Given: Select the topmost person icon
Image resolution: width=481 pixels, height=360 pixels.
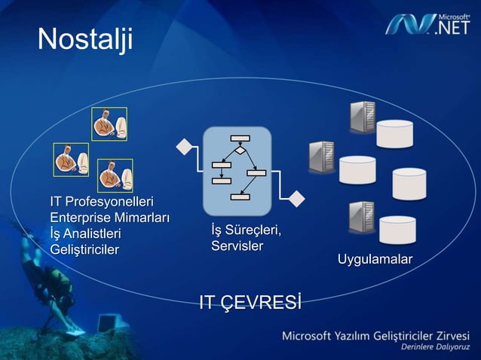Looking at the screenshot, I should pyautogui.click(x=109, y=124).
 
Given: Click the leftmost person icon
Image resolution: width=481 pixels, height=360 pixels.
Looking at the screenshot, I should pyautogui.click(x=71, y=160).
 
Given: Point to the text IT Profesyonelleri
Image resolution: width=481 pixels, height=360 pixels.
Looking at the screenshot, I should pyautogui.click(x=102, y=203).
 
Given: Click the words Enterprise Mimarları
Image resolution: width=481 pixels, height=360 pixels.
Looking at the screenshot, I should pyautogui.click(x=109, y=218).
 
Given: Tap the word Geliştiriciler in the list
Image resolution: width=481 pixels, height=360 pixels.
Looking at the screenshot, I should pyautogui.click(x=84, y=249).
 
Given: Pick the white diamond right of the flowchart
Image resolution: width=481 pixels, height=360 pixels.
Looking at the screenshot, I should pyautogui.click(x=297, y=199).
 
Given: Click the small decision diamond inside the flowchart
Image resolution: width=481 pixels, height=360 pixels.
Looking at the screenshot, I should pyautogui.click(x=240, y=151).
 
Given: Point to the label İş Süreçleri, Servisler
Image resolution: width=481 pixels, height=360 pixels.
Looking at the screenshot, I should pyautogui.click(x=237, y=237).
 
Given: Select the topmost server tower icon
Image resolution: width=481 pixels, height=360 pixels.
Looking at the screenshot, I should pyautogui.click(x=363, y=117).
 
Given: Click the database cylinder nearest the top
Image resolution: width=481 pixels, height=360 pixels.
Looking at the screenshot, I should pyautogui.click(x=395, y=133).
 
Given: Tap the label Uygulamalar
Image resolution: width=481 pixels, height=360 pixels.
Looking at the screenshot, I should pyautogui.click(x=375, y=260).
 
